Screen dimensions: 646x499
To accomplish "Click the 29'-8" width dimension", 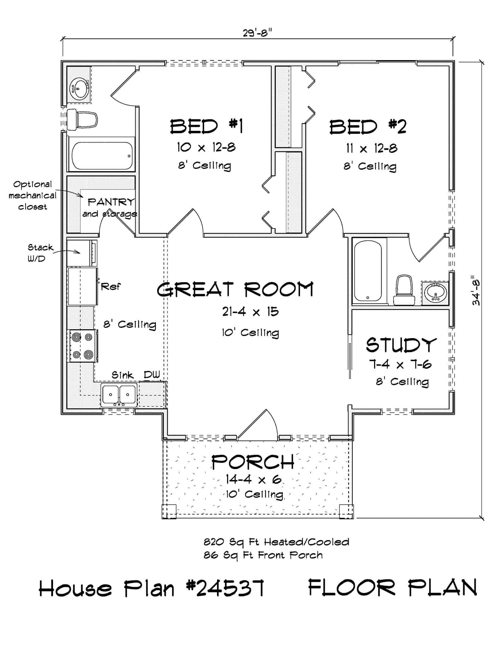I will [x=257, y=32].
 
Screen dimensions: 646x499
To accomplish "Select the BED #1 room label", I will [x=206, y=126].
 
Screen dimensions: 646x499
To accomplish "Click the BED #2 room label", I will [x=368, y=127].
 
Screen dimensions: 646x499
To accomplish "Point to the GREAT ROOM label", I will [x=235, y=290].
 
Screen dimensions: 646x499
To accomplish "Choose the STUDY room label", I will [x=401, y=345].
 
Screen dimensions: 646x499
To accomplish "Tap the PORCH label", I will [x=253, y=462].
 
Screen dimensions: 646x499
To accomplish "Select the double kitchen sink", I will [x=119, y=395].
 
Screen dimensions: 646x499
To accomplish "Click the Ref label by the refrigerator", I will [x=111, y=287].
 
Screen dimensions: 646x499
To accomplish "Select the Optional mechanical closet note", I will [x=32, y=196].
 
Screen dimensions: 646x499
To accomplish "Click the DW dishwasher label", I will [x=152, y=375].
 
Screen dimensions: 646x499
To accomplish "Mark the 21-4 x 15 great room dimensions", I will [x=250, y=312].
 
